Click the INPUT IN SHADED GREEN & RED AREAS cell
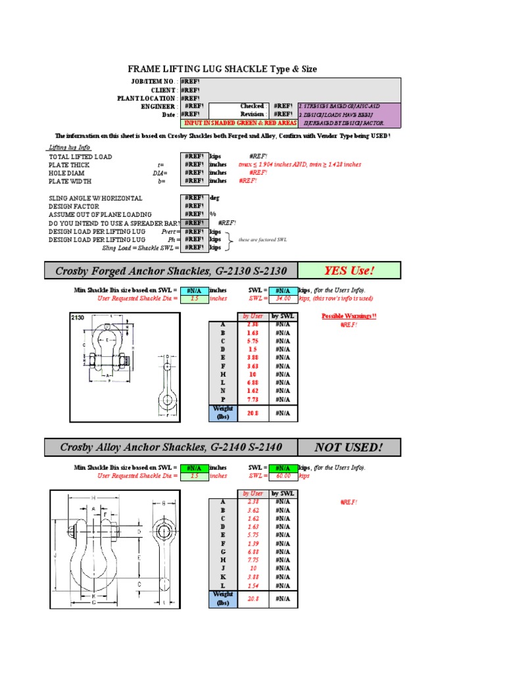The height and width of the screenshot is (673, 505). point(238,123)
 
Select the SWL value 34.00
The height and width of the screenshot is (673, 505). point(283,298)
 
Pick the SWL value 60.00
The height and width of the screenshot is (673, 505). point(283,476)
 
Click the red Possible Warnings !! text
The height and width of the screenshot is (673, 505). point(349,316)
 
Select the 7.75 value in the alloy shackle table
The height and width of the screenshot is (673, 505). point(253,560)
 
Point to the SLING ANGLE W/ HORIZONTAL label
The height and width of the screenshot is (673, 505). point(95,198)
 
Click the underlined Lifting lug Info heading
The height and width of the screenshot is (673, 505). point(69,148)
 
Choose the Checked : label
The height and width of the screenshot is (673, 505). point(253,106)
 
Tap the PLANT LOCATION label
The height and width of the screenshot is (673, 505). point(146,98)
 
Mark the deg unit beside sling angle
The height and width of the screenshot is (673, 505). point(214,198)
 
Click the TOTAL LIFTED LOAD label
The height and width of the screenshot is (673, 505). point(80,156)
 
